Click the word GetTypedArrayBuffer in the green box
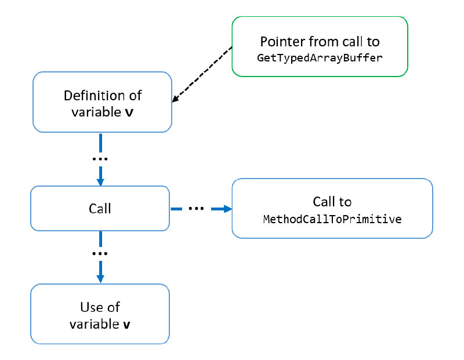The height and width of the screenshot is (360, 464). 320,58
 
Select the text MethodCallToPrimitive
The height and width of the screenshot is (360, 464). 332,220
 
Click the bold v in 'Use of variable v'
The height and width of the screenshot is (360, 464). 126,325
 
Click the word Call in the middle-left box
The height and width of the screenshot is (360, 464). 100,208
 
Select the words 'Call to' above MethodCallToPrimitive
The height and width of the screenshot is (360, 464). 332,202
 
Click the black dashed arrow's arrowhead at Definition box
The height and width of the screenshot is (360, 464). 175,101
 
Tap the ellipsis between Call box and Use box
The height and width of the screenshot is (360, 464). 100,253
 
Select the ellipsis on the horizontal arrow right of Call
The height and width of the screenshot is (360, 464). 196,208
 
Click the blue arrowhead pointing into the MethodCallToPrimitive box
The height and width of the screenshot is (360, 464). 226,208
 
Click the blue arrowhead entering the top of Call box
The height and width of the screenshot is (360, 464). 100,181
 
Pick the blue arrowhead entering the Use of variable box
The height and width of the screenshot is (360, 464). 100,278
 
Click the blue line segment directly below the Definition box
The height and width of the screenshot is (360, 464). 100,142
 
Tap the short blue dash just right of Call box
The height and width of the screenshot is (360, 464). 177,208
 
